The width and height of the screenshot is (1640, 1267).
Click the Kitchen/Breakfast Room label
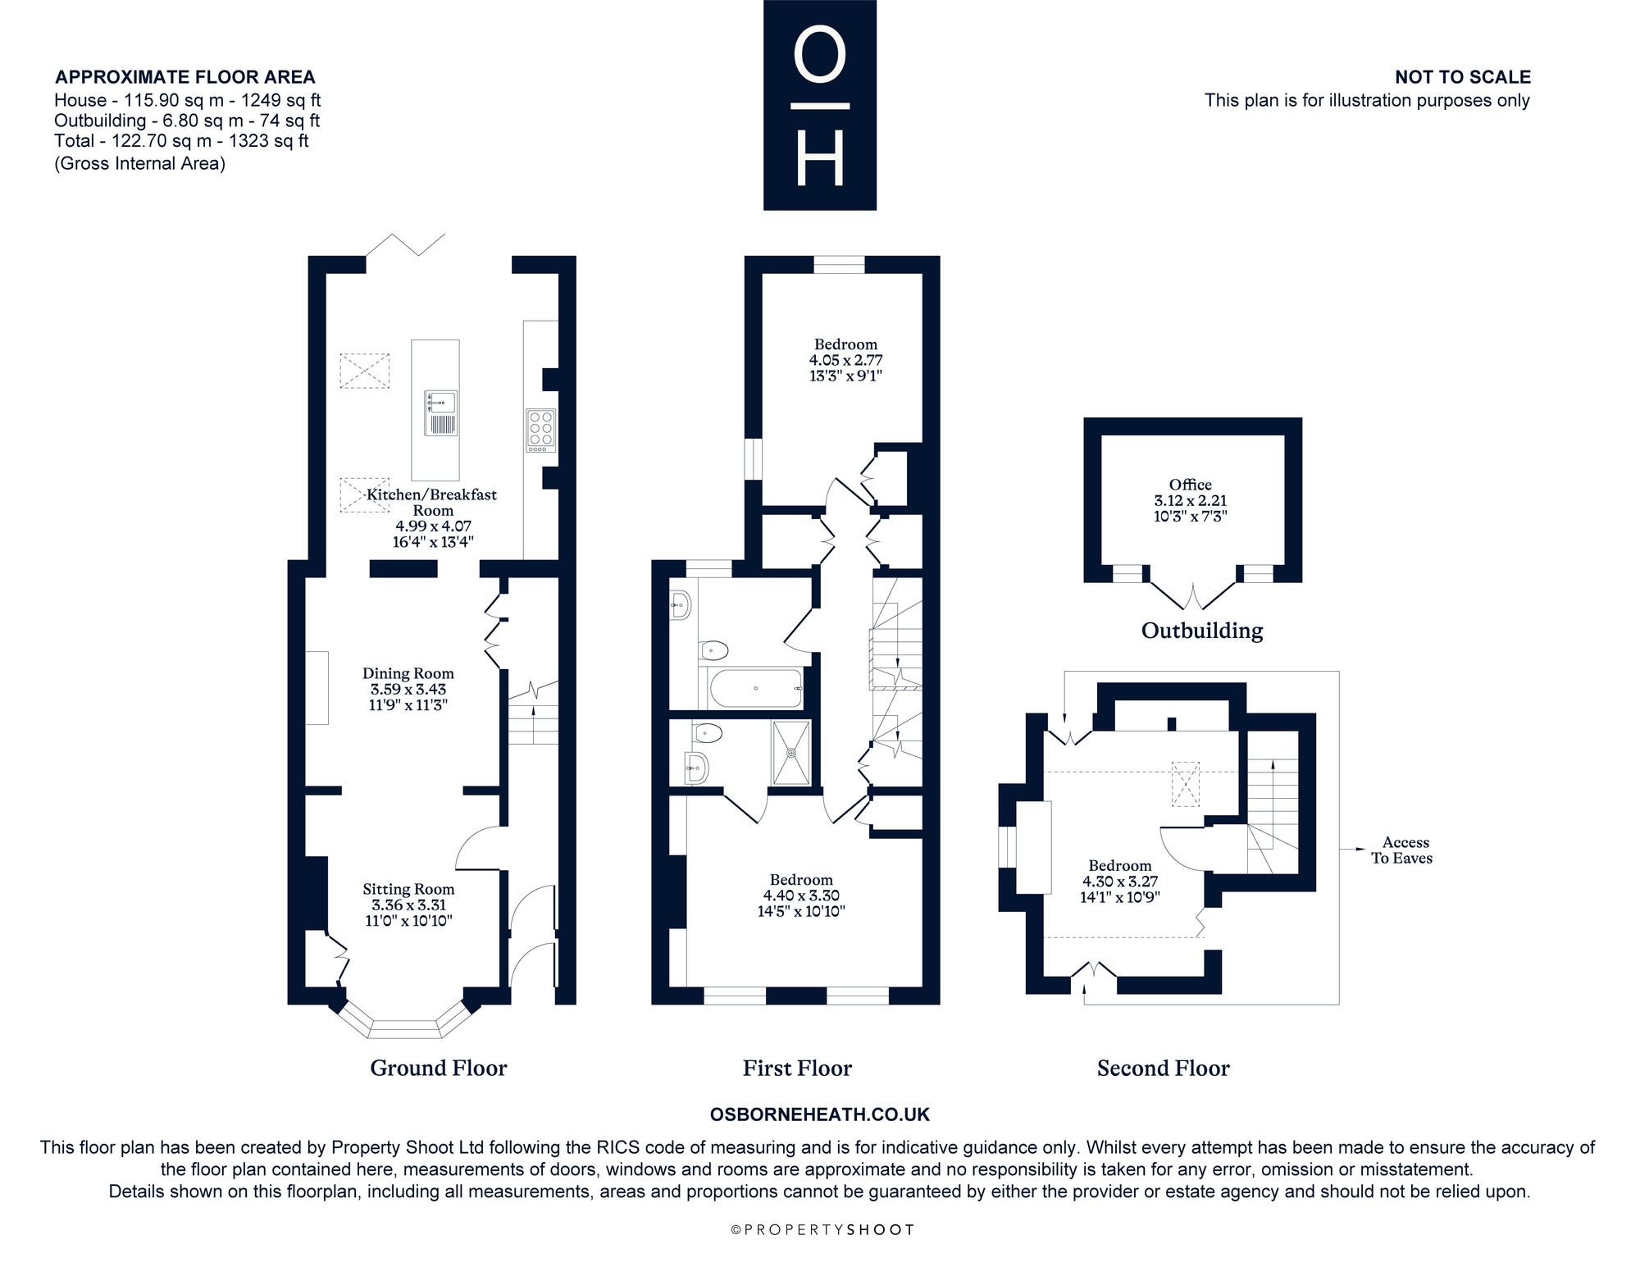click(x=432, y=502)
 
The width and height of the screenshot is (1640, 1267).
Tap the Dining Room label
click(x=408, y=673)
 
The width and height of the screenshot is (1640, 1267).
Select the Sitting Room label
click(x=408, y=889)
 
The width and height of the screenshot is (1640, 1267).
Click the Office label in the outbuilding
click(x=1191, y=485)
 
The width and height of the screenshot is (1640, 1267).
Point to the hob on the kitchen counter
click(x=541, y=431)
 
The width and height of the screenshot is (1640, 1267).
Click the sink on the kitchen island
click(x=441, y=413)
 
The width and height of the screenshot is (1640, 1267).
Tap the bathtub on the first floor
click(x=755, y=689)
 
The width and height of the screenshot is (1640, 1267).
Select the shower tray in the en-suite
click(x=791, y=752)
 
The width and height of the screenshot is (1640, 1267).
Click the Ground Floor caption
click(x=439, y=1068)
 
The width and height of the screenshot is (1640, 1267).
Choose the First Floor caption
click(x=797, y=1068)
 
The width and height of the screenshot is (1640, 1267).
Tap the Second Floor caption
click(x=1164, y=1068)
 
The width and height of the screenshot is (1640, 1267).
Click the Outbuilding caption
click(x=1202, y=630)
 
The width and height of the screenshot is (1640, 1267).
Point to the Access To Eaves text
click(x=1403, y=850)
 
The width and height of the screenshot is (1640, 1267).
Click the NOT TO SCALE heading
click(x=1463, y=77)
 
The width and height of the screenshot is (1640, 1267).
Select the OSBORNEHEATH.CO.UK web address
click(x=820, y=1114)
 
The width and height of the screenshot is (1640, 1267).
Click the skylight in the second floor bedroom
click(x=1185, y=783)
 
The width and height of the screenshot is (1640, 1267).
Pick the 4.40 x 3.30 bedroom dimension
click(x=801, y=896)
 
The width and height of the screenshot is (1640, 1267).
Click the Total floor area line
click(x=181, y=141)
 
